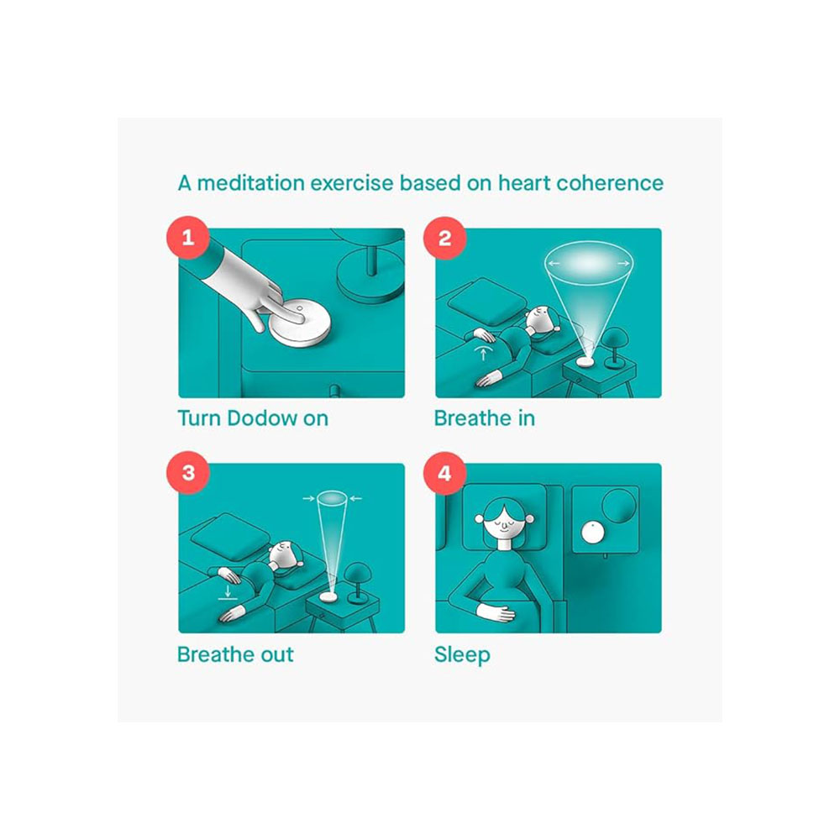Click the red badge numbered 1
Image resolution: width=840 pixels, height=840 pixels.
pyautogui.click(x=187, y=238)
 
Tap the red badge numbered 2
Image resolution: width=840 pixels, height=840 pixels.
pyautogui.click(x=444, y=238)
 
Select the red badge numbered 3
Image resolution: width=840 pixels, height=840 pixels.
pyautogui.click(x=187, y=472)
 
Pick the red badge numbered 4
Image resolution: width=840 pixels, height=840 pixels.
pyautogui.click(x=444, y=473)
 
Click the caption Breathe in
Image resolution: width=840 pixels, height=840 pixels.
pyautogui.click(x=485, y=418)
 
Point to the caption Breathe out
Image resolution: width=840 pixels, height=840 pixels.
pyautogui.click(x=235, y=654)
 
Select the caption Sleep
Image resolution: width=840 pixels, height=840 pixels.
pyautogui.click(x=462, y=655)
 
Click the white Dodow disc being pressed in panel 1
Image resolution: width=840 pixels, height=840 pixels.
pyautogui.click(x=300, y=323)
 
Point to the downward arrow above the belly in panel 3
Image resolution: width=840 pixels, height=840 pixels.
pyautogui.click(x=228, y=591)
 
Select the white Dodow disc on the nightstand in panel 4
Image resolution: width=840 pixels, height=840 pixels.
pyautogui.click(x=592, y=533)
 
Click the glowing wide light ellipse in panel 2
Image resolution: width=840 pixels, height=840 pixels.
pyautogui.click(x=589, y=264)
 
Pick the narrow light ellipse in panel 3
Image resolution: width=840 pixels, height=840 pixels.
pyautogui.click(x=332, y=499)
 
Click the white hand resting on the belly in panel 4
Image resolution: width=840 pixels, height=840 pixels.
pyautogui.click(x=496, y=612)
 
